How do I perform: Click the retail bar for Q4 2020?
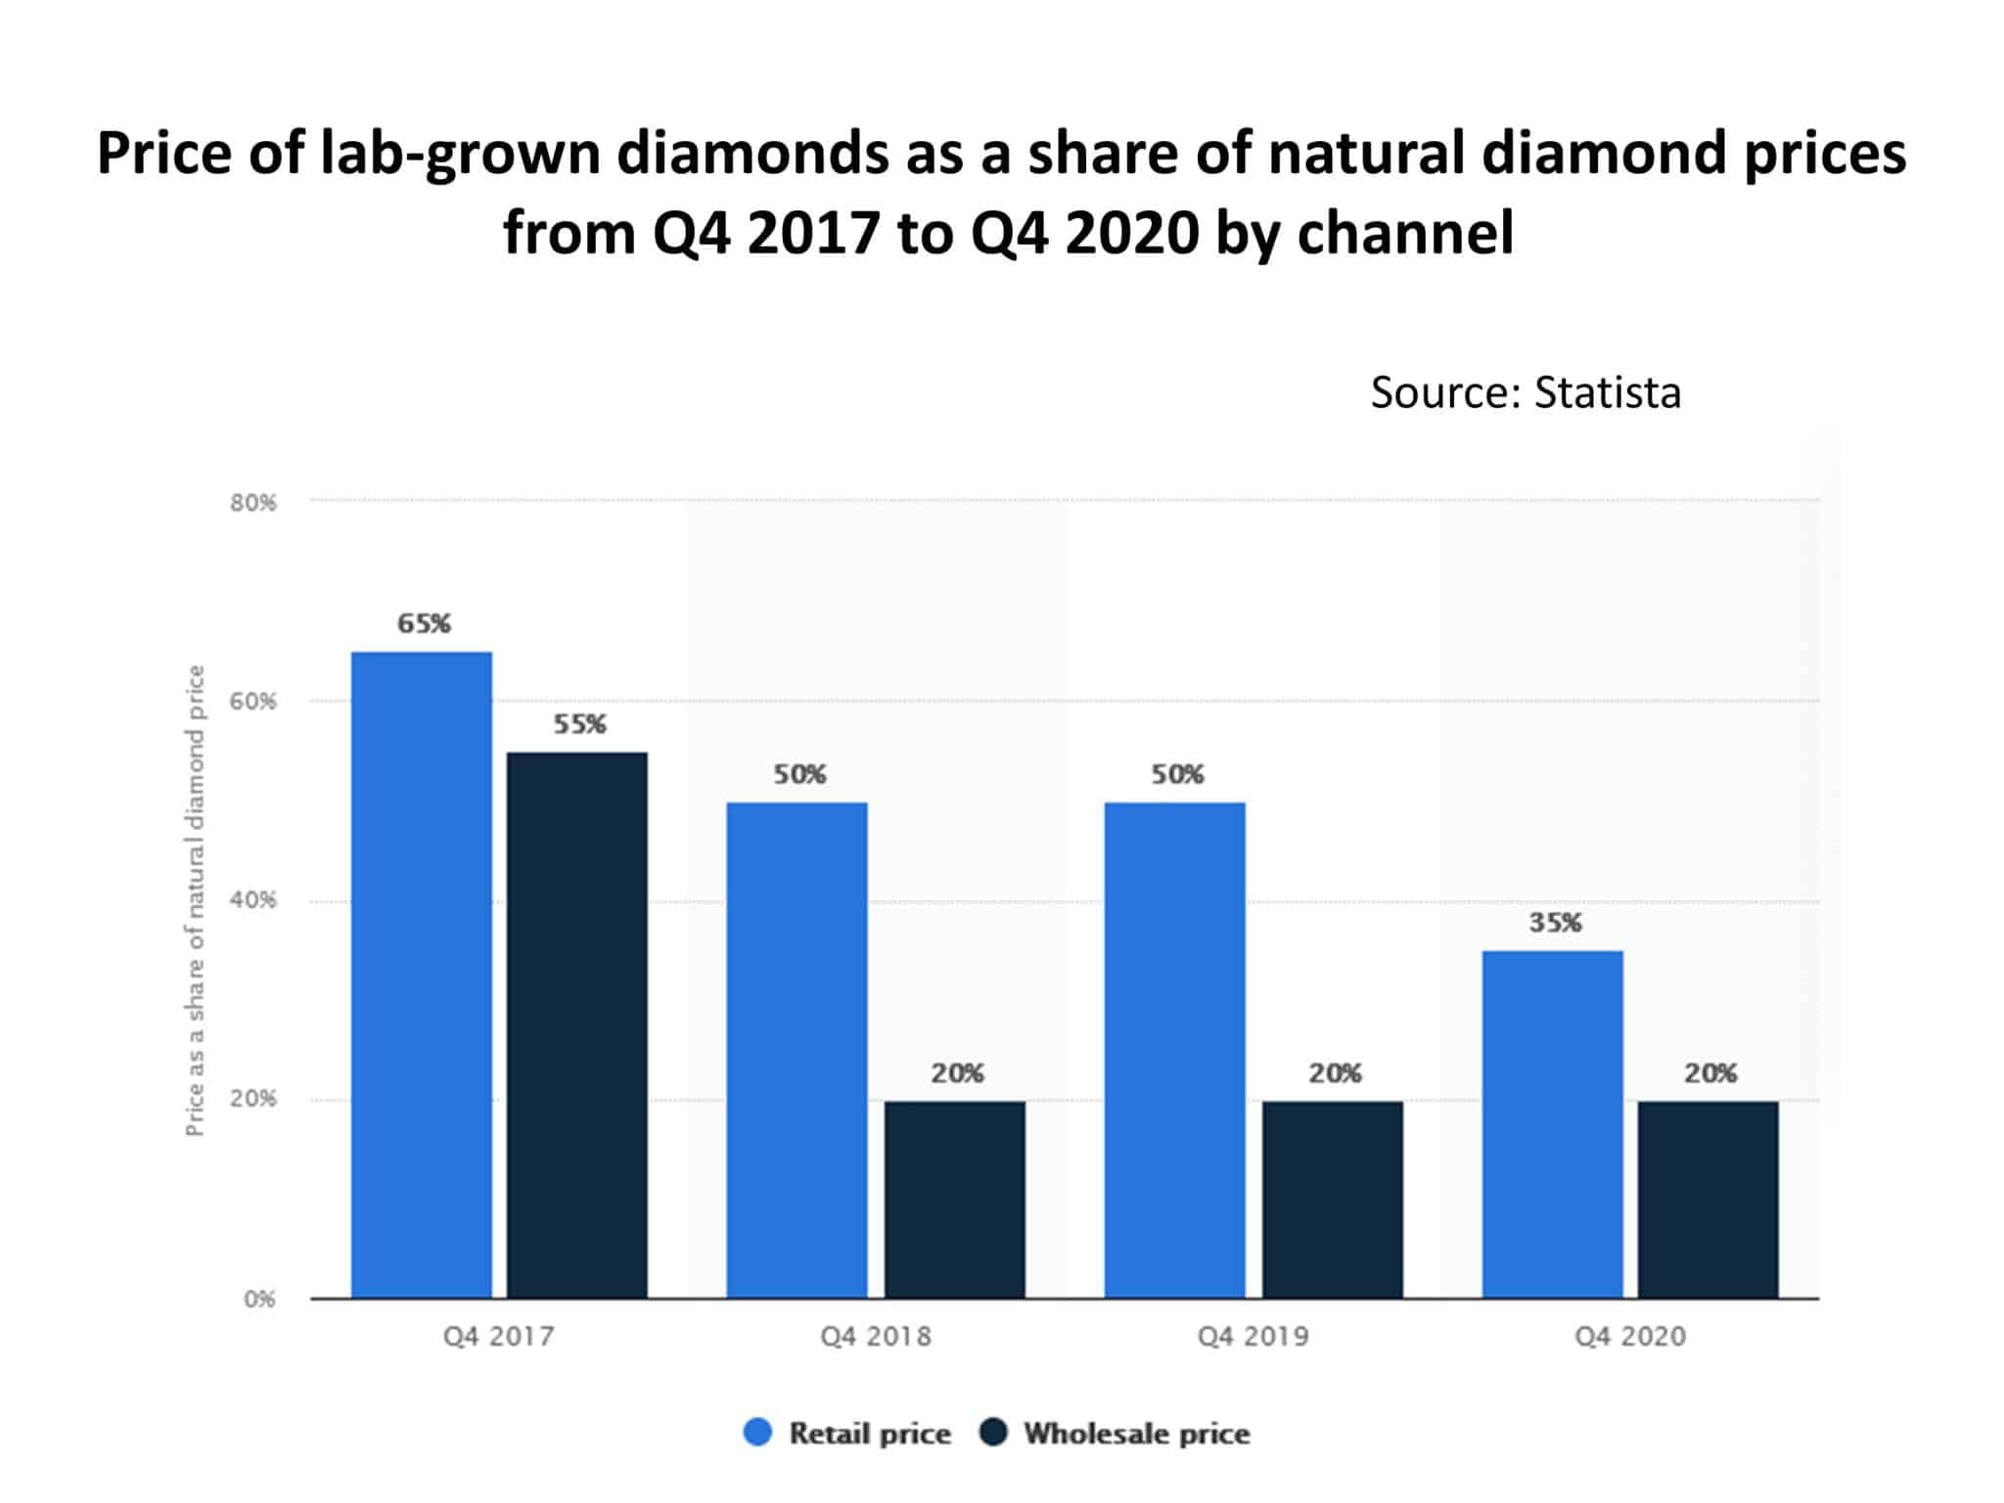[x=1553, y=1124]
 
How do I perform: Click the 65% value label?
[x=424, y=623]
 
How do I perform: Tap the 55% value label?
[x=579, y=724]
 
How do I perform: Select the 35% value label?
[x=1555, y=922]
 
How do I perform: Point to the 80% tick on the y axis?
[x=253, y=503]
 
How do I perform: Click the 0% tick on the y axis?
[x=259, y=1299]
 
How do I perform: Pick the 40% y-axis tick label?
[x=253, y=900]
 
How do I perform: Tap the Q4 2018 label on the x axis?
[x=876, y=1337]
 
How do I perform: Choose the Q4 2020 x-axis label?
[x=1630, y=1337]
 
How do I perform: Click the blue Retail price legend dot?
[x=758, y=1433]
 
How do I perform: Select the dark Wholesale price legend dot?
[x=993, y=1433]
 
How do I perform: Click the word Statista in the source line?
[x=1607, y=392]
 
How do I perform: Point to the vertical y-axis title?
[x=196, y=900]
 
